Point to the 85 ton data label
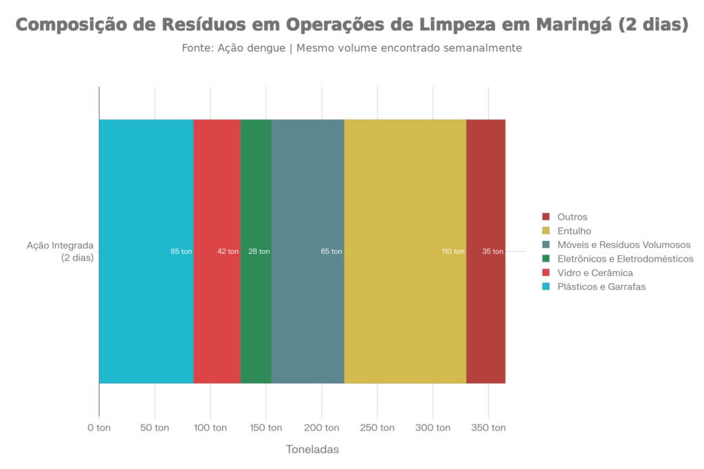pyautogui.click(x=181, y=251)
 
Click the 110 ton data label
pyautogui.click(x=452, y=251)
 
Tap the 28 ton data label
pyautogui.click(x=259, y=251)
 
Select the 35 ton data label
pyautogui.click(x=493, y=251)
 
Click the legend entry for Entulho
pyautogui.click(x=574, y=231)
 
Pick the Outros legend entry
pyautogui.click(x=572, y=216)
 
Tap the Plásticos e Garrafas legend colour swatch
pyautogui.click(x=547, y=287)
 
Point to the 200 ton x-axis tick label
pyautogui.click(x=321, y=428)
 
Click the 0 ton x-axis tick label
pyautogui.click(x=99, y=428)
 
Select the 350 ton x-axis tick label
pyautogui.click(x=488, y=428)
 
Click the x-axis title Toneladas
pyautogui.click(x=312, y=450)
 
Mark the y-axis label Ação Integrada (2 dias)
pyautogui.click(x=60, y=251)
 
